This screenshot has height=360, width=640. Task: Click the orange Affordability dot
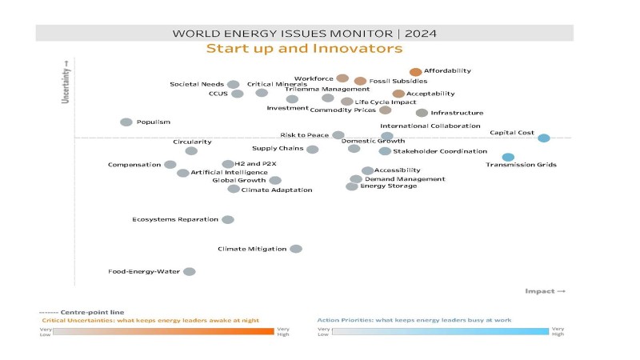click(x=415, y=72)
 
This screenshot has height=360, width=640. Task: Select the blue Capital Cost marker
click(x=543, y=138)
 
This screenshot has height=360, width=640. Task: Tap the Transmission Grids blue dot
click(x=508, y=157)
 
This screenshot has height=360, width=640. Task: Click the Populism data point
click(x=126, y=122)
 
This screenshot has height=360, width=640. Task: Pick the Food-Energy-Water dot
click(x=189, y=271)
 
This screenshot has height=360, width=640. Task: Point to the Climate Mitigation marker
click(x=295, y=249)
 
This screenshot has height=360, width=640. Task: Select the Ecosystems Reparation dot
click(x=227, y=219)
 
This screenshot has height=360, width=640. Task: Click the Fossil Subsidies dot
click(x=360, y=81)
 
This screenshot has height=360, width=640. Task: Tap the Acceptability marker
click(x=398, y=94)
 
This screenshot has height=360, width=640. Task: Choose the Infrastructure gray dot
click(x=422, y=113)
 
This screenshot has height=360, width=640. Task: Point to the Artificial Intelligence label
click(x=224, y=172)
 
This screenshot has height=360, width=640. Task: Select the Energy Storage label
click(x=388, y=186)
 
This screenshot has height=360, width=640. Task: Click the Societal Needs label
click(x=197, y=84)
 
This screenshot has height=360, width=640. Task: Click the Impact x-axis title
click(x=545, y=291)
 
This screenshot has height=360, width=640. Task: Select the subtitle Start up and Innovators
click(x=304, y=50)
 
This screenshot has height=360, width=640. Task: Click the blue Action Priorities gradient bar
click(x=439, y=330)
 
